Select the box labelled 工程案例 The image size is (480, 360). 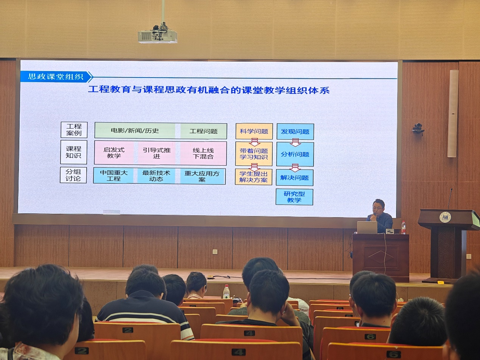(x=74, y=130)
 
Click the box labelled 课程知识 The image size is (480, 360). (x=73, y=152)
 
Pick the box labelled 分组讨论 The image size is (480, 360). (x=73, y=175)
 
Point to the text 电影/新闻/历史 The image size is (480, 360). (x=135, y=131)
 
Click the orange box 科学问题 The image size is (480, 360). (x=254, y=131)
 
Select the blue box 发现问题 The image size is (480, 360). (x=295, y=132)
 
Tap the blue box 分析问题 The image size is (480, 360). (x=295, y=154)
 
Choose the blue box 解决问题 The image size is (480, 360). (x=295, y=177)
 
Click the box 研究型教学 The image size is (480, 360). (x=294, y=197)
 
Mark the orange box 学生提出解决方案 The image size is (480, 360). (x=253, y=177)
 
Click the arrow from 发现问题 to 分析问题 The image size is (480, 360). (x=295, y=142)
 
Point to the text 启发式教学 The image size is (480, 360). (x=114, y=152)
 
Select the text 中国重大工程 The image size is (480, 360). (x=114, y=175)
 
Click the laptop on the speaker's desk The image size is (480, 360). (x=367, y=227)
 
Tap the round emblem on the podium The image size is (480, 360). (x=444, y=217)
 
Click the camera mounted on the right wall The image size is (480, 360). (x=418, y=129)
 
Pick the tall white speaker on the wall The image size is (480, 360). (x=453, y=113)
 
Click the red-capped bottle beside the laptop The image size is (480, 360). (x=404, y=228)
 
